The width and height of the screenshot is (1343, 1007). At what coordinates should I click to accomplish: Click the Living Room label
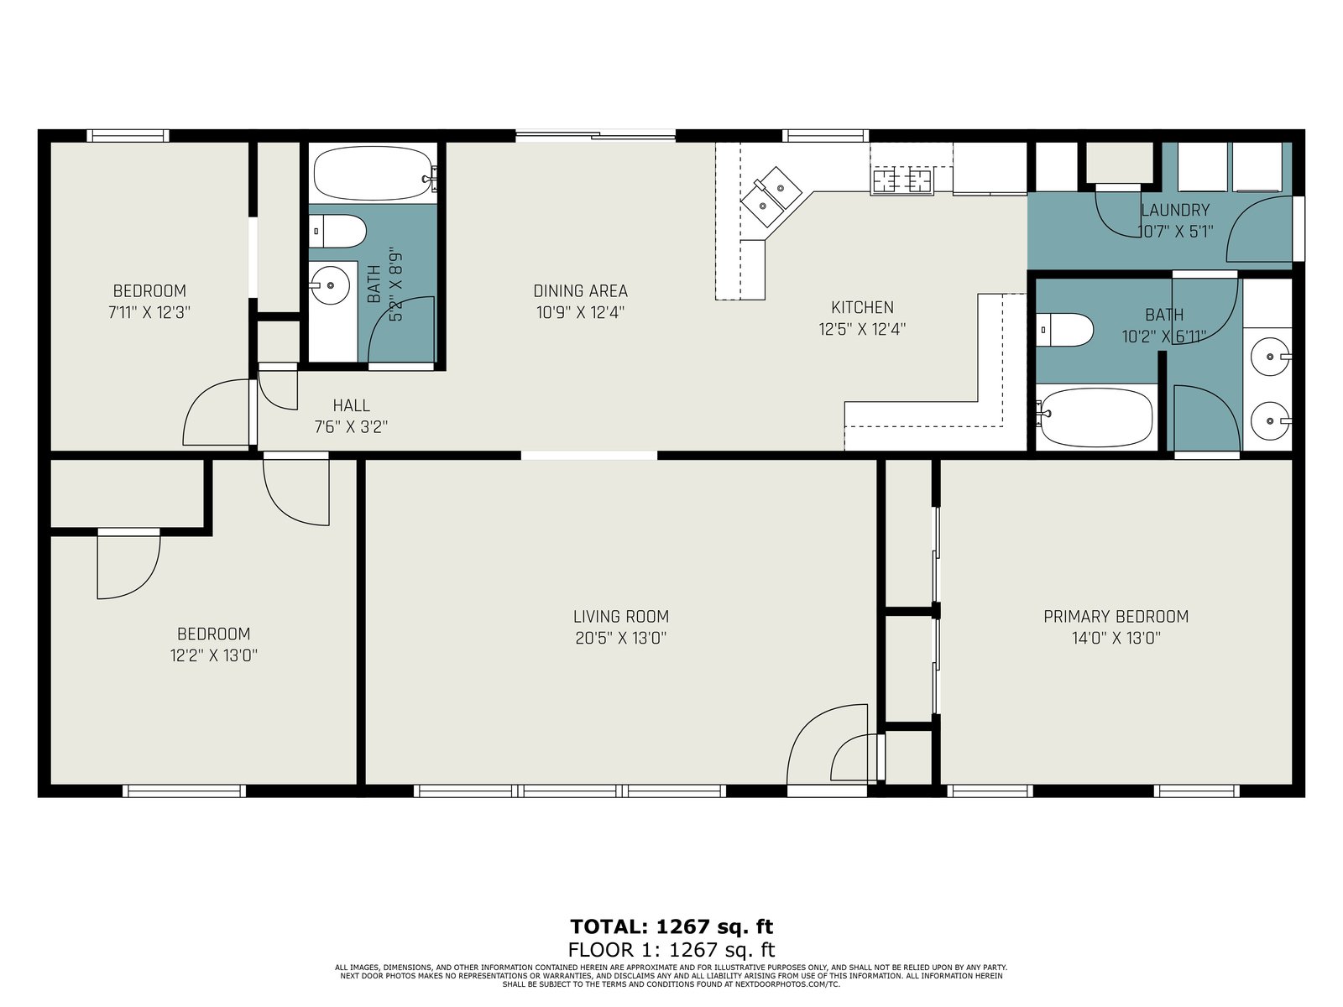[620, 616]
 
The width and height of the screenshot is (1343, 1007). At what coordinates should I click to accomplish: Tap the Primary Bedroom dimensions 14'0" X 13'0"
[1116, 638]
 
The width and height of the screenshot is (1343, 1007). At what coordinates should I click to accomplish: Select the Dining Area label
[580, 290]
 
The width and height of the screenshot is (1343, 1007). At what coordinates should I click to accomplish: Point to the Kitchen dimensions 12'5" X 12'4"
[862, 329]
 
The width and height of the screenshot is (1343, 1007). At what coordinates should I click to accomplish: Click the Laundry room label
[1175, 210]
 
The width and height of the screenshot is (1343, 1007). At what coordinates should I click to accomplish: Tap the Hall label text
[351, 404]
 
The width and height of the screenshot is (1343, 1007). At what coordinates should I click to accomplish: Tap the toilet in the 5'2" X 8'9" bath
[337, 231]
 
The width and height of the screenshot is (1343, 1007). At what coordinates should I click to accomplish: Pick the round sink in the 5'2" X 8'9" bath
[331, 285]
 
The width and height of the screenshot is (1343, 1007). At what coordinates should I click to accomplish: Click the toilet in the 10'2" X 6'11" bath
[1064, 330]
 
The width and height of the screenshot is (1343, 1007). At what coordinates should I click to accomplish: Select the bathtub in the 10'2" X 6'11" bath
[1095, 417]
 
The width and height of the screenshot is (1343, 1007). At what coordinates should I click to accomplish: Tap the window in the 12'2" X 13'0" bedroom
[184, 791]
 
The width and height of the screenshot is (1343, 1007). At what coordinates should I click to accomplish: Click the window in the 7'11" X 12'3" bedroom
[128, 135]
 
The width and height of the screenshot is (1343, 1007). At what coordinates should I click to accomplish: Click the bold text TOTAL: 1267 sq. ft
[671, 926]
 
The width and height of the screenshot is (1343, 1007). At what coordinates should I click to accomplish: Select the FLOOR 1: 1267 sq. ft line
[671, 950]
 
